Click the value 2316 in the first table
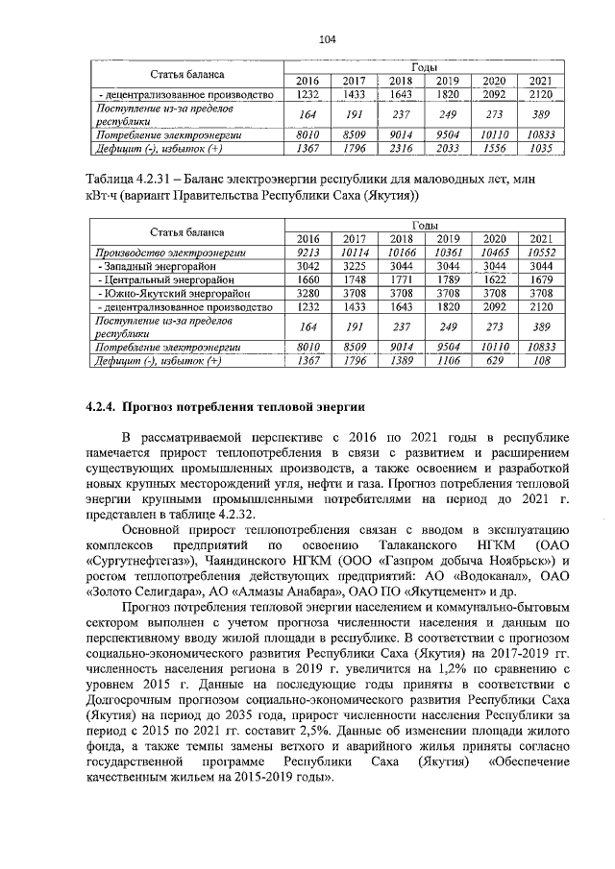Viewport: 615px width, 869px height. coord(401,149)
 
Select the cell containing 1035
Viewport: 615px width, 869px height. coord(540,149)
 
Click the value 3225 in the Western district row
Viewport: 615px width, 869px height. coord(355,265)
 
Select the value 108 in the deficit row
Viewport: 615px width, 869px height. coord(540,361)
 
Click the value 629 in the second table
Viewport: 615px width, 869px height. coord(494,361)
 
